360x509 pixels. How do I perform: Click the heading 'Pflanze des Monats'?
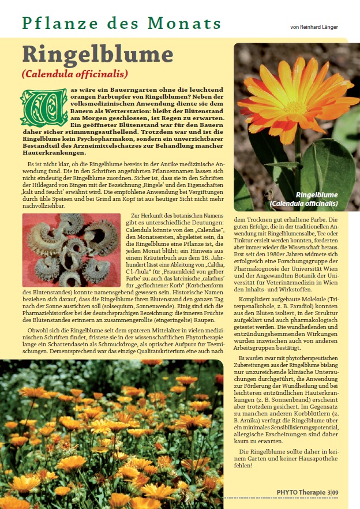click(122, 23)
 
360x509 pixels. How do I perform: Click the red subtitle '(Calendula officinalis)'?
click(74, 74)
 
